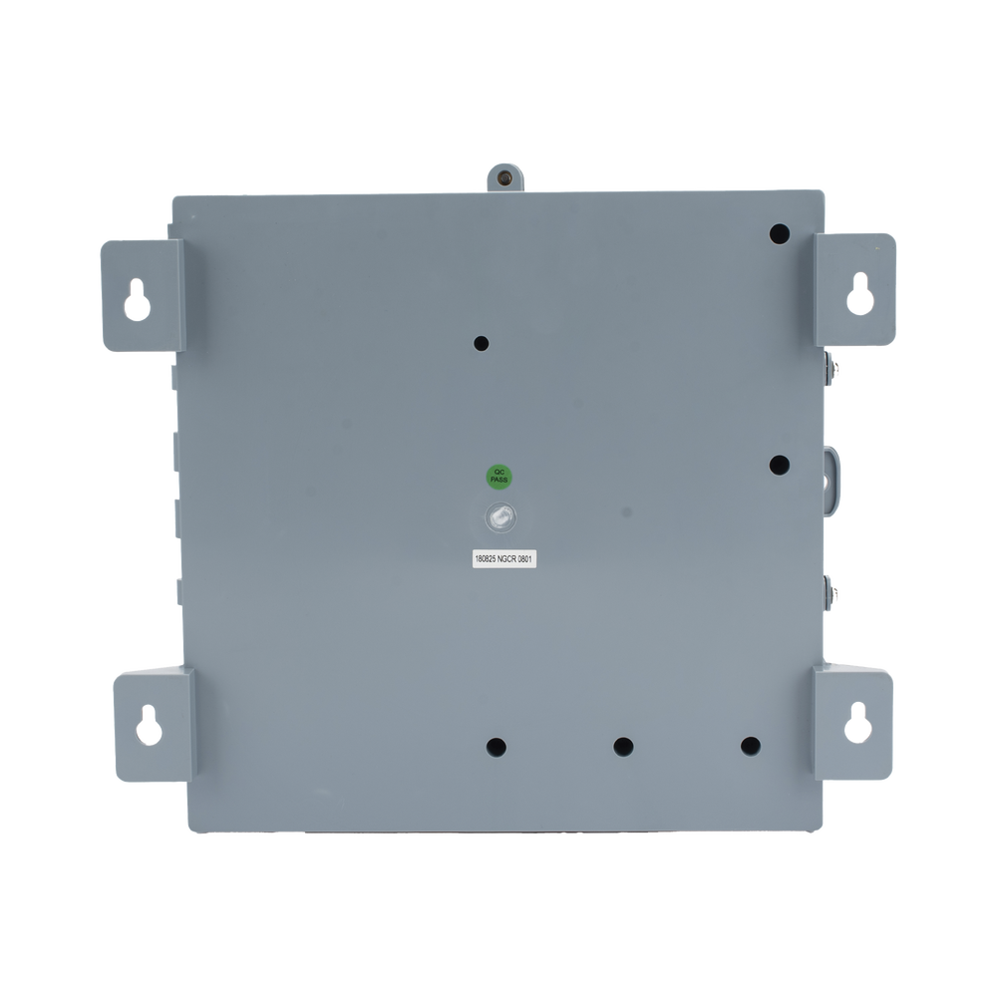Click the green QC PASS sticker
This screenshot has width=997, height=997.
click(x=499, y=477)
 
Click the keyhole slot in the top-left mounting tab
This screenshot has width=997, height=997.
click(x=138, y=299)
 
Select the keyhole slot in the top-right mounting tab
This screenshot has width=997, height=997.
click(x=860, y=294)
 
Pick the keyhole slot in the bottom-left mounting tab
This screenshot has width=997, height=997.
click(x=149, y=725)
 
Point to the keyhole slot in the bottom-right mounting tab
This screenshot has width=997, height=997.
click(x=857, y=722)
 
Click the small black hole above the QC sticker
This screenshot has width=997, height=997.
click(x=482, y=344)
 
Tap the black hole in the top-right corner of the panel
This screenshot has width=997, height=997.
click(x=780, y=234)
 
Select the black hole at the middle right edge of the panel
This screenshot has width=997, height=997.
click(x=780, y=465)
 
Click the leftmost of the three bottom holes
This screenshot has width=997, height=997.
click(x=496, y=747)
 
